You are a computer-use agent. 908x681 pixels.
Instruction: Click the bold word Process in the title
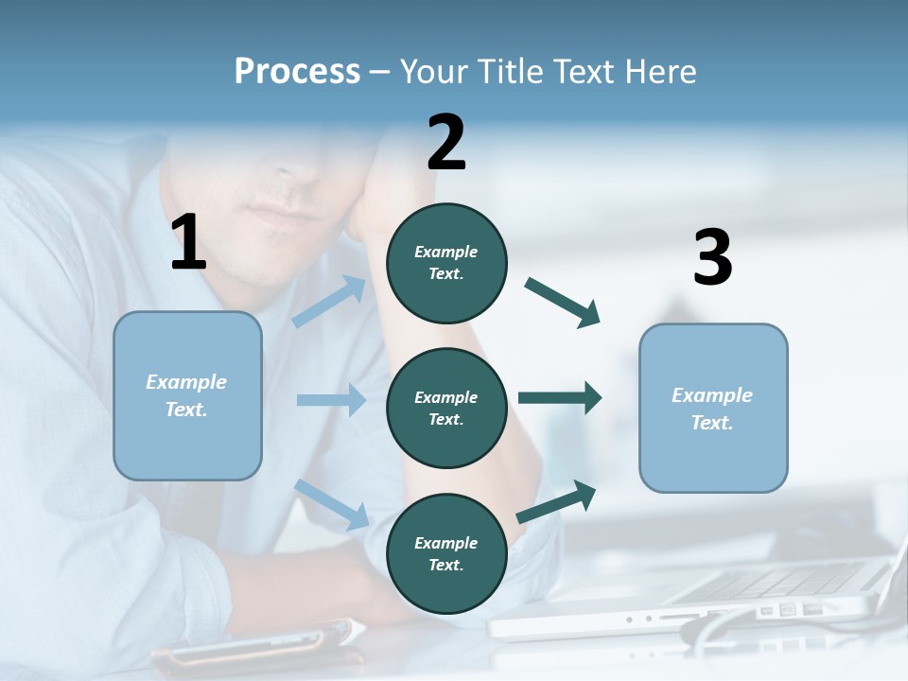tap(297, 72)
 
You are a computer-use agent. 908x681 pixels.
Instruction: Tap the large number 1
tap(188, 242)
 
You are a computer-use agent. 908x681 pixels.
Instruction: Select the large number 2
tap(446, 143)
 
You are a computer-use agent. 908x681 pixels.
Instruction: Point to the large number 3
tap(712, 257)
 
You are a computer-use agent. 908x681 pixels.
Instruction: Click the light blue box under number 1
tap(187, 395)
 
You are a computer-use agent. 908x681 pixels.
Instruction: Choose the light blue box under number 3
tap(713, 408)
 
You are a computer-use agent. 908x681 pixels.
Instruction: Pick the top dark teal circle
tap(446, 263)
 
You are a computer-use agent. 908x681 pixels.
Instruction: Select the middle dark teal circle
tap(446, 408)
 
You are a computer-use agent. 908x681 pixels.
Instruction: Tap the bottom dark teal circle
tap(446, 553)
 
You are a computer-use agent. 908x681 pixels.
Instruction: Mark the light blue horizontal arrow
tap(331, 400)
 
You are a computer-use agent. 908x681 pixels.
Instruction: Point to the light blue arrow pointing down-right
tap(331, 503)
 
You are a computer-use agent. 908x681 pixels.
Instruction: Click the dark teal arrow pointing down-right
tap(563, 303)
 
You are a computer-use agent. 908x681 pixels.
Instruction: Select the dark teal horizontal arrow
tap(560, 398)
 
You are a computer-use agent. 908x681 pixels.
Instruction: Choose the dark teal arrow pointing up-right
tap(556, 502)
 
